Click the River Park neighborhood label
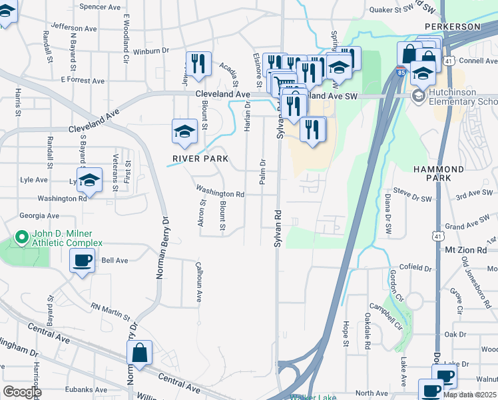(x=200, y=159)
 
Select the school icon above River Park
(x=184, y=131)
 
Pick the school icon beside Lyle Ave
(x=89, y=179)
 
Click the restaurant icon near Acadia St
(x=198, y=64)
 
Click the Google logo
(x=21, y=392)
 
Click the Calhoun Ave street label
(x=198, y=282)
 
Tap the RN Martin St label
(x=111, y=309)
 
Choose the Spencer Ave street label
(x=99, y=7)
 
